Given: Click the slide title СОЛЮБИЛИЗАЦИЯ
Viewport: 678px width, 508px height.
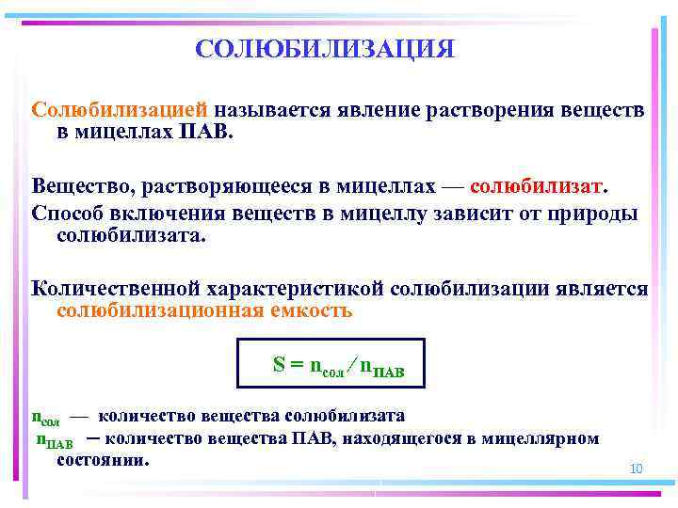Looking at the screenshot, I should click(324, 48).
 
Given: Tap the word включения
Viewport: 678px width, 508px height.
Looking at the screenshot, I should click(162, 212).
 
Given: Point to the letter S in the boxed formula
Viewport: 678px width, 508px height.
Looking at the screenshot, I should click(279, 364).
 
